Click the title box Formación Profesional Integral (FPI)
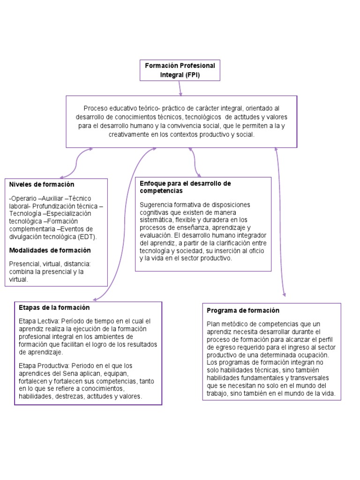(180, 70)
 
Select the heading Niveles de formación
(42, 185)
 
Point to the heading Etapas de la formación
(54, 307)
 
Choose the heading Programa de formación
(243, 310)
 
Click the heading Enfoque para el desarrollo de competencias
(186, 187)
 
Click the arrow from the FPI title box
(180, 88)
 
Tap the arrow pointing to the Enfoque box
(195, 162)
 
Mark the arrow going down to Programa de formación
(280, 220)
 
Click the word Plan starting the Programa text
(213, 324)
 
